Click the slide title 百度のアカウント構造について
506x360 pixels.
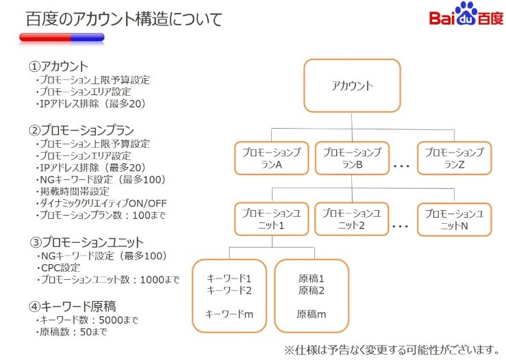124,19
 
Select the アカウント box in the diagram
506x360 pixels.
352,86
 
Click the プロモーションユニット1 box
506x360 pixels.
271,220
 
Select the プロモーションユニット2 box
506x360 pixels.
351,220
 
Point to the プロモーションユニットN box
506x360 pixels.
454,220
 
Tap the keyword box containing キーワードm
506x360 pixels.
229,296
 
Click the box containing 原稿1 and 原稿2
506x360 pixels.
312,296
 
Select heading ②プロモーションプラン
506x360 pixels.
81,130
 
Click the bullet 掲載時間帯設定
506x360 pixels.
75,191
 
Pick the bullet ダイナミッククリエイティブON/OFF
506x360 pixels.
103,203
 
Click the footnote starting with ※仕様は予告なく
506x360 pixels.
392,349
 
